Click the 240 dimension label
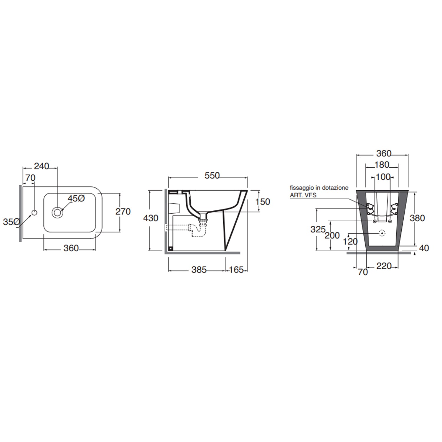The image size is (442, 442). point(41,166)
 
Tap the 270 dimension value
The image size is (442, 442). point(123,212)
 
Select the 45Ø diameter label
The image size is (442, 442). point(76,199)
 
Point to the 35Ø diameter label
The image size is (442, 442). point(11,222)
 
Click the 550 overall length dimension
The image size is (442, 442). point(212,176)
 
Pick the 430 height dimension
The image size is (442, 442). point(151,218)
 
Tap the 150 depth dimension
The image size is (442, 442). point(263,202)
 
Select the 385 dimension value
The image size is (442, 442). point(199,270)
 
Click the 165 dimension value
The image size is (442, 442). point(236,270)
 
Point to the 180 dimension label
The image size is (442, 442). point(382,165)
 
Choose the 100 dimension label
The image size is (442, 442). point(383,177)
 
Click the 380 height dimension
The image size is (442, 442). point(417,218)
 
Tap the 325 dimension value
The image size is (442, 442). point(318,229)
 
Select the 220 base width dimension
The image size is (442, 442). point(384,266)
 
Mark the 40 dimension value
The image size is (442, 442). point(424,248)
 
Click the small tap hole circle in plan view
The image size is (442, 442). point(34,212)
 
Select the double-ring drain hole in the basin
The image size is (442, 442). point(57,212)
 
